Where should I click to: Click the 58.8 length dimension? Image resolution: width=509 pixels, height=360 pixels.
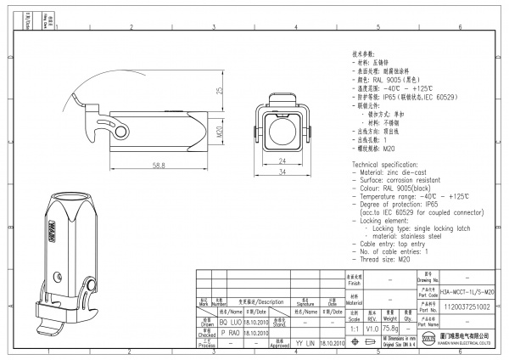(159, 165)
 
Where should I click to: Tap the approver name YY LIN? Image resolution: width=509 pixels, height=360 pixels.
(305, 344)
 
